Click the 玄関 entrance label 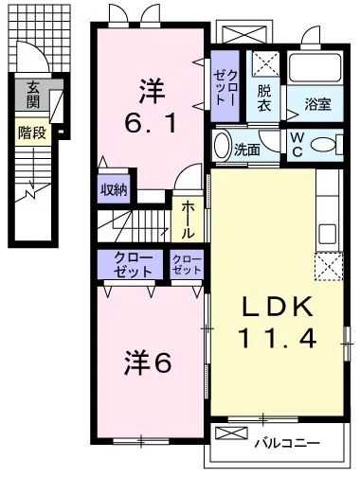click(33, 95)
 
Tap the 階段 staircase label click(32, 132)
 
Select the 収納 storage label click(114, 190)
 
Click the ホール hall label click(188, 220)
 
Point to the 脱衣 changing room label click(263, 98)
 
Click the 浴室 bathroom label click(317, 104)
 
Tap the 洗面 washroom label click(247, 150)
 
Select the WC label click(297, 145)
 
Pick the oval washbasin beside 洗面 click(222, 146)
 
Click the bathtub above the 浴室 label click(315, 68)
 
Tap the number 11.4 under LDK click(277, 338)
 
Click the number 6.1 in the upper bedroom click(151, 123)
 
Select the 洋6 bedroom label click(148, 362)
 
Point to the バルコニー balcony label click(287, 443)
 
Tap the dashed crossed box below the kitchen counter click(329, 267)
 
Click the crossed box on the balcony click(231, 433)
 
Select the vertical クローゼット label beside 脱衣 click(225, 88)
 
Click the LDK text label click(278, 306)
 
